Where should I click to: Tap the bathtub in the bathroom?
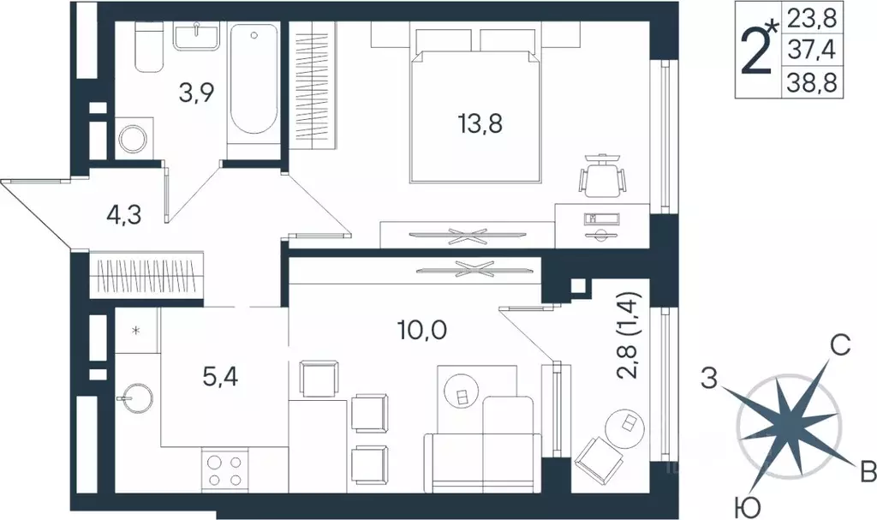click(x=254, y=86)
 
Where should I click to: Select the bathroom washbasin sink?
click(x=199, y=36)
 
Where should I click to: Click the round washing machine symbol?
click(x=134, y=138)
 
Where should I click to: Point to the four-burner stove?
click(x=224, y=470)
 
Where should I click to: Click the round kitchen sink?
click(x=134, y=397)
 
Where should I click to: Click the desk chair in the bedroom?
click(x=602, y=177)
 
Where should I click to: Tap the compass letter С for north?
click(x=840, y=347)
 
